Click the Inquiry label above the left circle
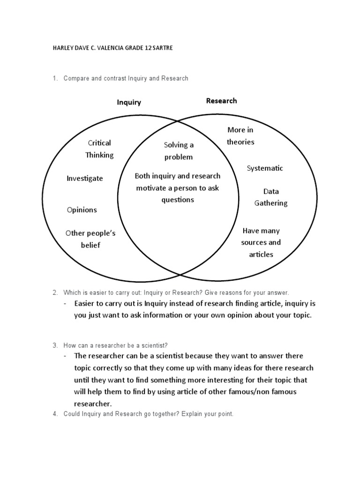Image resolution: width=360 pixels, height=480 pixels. [129, 102]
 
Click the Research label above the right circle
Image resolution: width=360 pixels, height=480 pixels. [221, 101]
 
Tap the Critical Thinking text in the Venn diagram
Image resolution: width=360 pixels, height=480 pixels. [99, 149]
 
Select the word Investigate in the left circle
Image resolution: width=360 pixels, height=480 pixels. [84, 179]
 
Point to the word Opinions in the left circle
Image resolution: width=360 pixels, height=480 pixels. [82, 210]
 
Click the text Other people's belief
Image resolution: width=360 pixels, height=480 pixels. [90, 239]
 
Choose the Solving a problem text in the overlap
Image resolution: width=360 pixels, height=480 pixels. [179, 151]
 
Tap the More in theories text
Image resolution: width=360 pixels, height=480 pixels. [240, 135]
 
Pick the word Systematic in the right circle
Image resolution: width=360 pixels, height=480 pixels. [265, 168]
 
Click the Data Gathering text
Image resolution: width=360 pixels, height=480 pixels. [271, 197]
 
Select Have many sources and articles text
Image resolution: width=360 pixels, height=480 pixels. [261, 242]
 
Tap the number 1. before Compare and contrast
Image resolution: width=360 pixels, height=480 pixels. [55, 78]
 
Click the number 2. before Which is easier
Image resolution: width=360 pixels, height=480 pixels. [55, 292]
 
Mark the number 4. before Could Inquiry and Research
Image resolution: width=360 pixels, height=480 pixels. [55, 414]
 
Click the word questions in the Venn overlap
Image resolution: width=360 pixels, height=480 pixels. [178, 200]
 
